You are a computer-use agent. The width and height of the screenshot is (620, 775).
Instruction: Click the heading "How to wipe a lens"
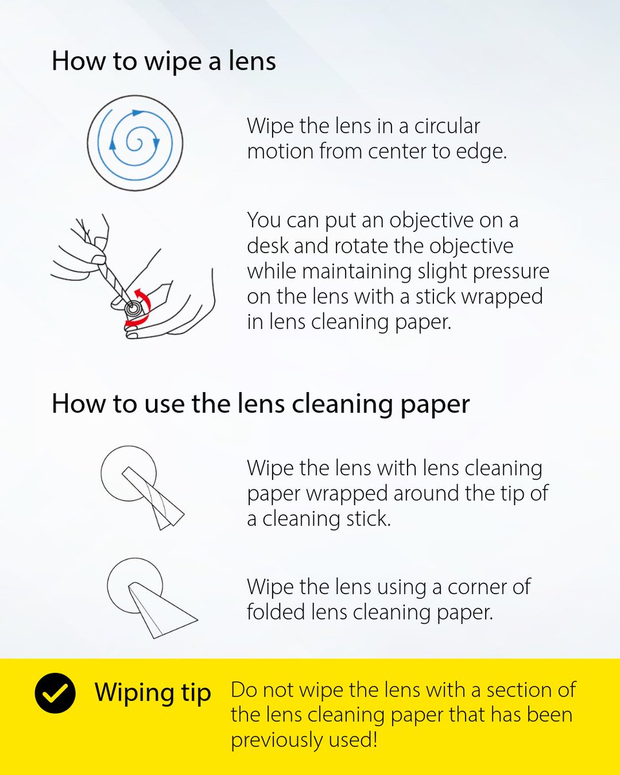[x=163, y=61]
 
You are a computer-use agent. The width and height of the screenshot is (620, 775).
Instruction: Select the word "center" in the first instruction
[x=400, y=152]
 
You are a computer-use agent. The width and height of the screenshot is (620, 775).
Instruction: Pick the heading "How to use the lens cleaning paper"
[x=260, y=404]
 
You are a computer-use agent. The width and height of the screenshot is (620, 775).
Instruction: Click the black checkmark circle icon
[x=56, y=693]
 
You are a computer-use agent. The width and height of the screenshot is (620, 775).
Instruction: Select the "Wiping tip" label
[x=152, y=693]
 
